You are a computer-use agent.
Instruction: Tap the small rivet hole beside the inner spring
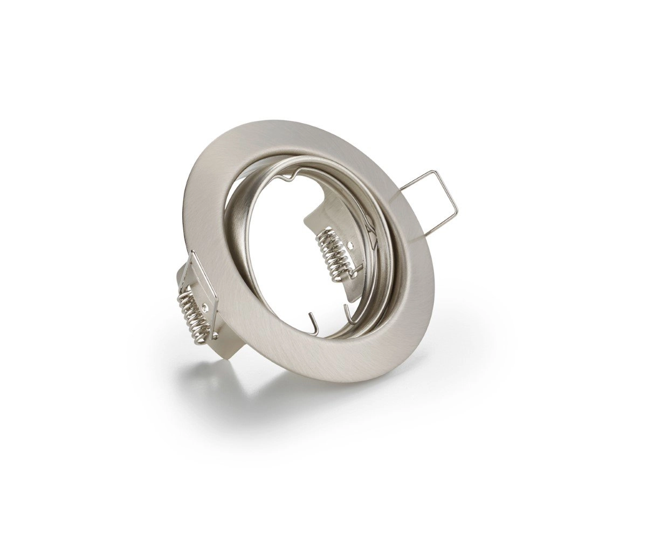click(351, 245)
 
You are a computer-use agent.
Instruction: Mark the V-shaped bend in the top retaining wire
click(292, 173)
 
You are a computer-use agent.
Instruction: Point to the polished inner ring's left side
click(237, 227)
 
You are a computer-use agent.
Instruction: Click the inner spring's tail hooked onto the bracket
click(353, 275)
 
